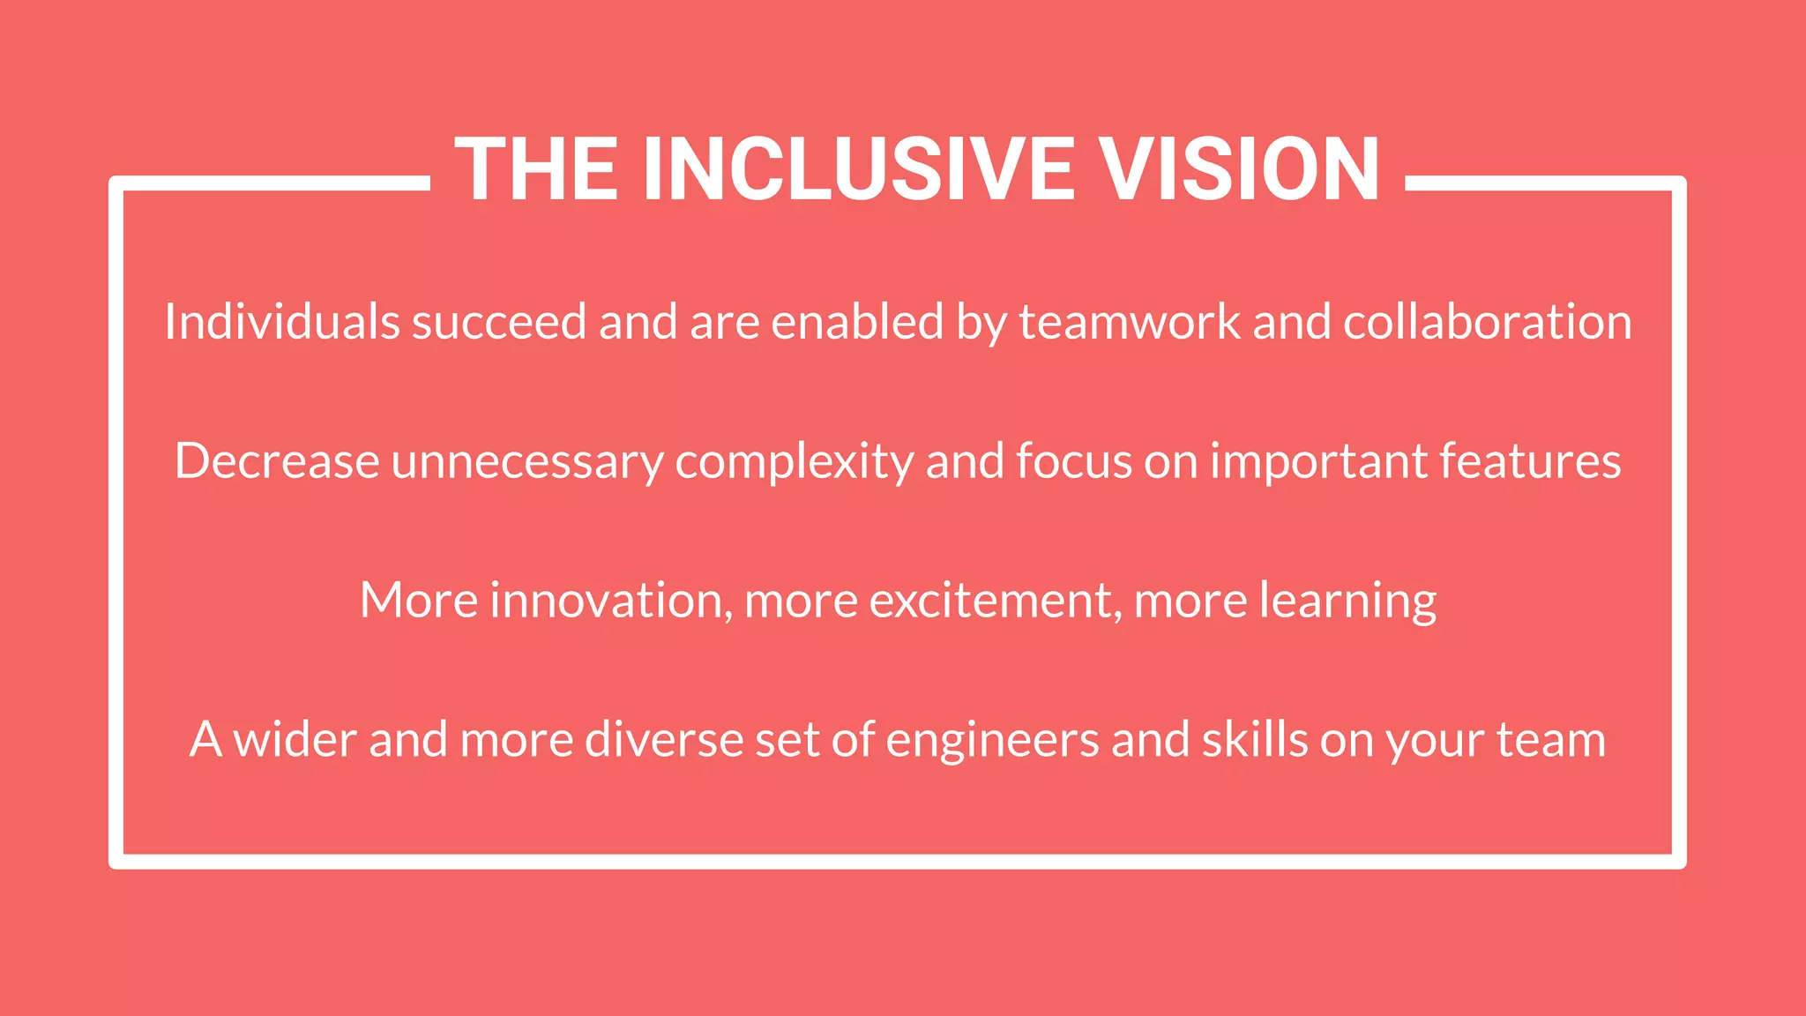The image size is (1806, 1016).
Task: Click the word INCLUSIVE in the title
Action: pyautogui.click(x=859, y=169)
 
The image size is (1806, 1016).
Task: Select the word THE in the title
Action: pyautogui.click(x=536, y=169)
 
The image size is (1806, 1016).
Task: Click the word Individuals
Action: pyautogui.click(x=282, y=321)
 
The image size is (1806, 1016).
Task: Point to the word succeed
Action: pyautogui.click(x=499, y=321)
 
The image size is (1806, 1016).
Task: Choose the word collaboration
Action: pyautogui.click(x=1487, y=321)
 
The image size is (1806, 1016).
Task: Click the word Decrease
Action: pyautogui.click(x=277, y=460)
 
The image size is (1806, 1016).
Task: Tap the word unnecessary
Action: pyautogui.click(x=527, y=462)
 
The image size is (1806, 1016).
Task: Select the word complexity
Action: pyautogui.click(x=794, y=462)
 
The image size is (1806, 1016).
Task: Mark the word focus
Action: pyautogui.click(x=1073, y=460)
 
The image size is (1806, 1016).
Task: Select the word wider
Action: pyautogui.click(x=295, y=739)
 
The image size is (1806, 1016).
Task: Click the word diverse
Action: pyautogui.click(x=664, y=739)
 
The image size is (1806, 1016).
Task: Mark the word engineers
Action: pyautogui.click(x=992, y=741)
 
